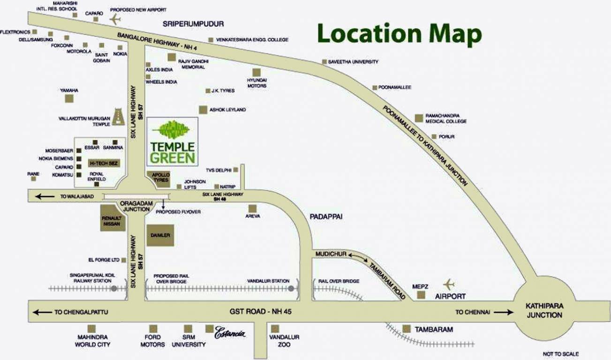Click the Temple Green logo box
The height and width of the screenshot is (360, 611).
172,142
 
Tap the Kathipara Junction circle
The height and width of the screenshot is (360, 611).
544,310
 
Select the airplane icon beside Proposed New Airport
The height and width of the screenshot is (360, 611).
115,19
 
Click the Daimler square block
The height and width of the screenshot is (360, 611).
160,235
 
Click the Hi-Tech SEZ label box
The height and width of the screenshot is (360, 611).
102,163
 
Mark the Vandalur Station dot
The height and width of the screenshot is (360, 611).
291,288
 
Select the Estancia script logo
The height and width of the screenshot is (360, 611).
230,334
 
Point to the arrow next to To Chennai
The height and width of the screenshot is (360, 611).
503,312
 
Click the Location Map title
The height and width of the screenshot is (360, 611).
399,34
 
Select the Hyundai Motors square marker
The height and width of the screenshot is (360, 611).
256,72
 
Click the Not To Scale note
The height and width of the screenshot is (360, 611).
560,353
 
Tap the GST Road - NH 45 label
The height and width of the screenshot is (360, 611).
261,312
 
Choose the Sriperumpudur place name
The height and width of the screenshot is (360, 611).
193,23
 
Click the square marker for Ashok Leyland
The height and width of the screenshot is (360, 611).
203,110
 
